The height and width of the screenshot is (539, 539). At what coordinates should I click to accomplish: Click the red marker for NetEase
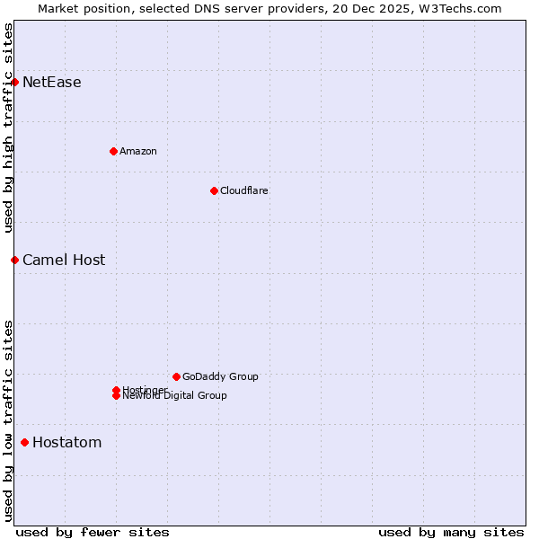[x=14, y=83]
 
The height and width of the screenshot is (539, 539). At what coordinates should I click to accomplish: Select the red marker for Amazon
[x=113, y=151]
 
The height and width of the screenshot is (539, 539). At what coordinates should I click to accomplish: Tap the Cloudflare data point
[x=214, y=190]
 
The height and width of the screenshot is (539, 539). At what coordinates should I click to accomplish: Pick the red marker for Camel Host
[x=14, y=260]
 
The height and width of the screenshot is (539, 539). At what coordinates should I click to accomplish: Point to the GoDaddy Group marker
[x=176, y=376]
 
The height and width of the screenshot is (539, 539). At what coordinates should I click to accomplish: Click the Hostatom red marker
[x=24, y=442]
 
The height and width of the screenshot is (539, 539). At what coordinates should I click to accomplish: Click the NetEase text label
[x=51, y=83]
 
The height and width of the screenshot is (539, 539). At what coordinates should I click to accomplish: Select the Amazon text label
[x=138, y=151]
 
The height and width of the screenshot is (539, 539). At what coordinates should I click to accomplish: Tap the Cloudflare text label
[x=243, y=190]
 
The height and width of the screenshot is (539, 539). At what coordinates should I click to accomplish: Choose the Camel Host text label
[x=64, y=261]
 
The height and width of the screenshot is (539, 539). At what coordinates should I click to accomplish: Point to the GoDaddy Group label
[x=220, y=376]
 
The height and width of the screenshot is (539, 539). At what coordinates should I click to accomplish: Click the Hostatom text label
[x=66, y=442]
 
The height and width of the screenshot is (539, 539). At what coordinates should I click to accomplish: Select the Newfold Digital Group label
[x=174, y=396]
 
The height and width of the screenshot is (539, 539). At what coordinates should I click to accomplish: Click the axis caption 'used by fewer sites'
[x=93, y=532]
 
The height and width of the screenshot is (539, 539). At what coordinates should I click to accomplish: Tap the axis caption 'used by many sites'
[x=451, y=532]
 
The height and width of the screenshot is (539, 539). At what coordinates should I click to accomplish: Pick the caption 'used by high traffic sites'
[x=9, y=128]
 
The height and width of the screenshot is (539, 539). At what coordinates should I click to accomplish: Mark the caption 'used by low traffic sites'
[x=9, y=420]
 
